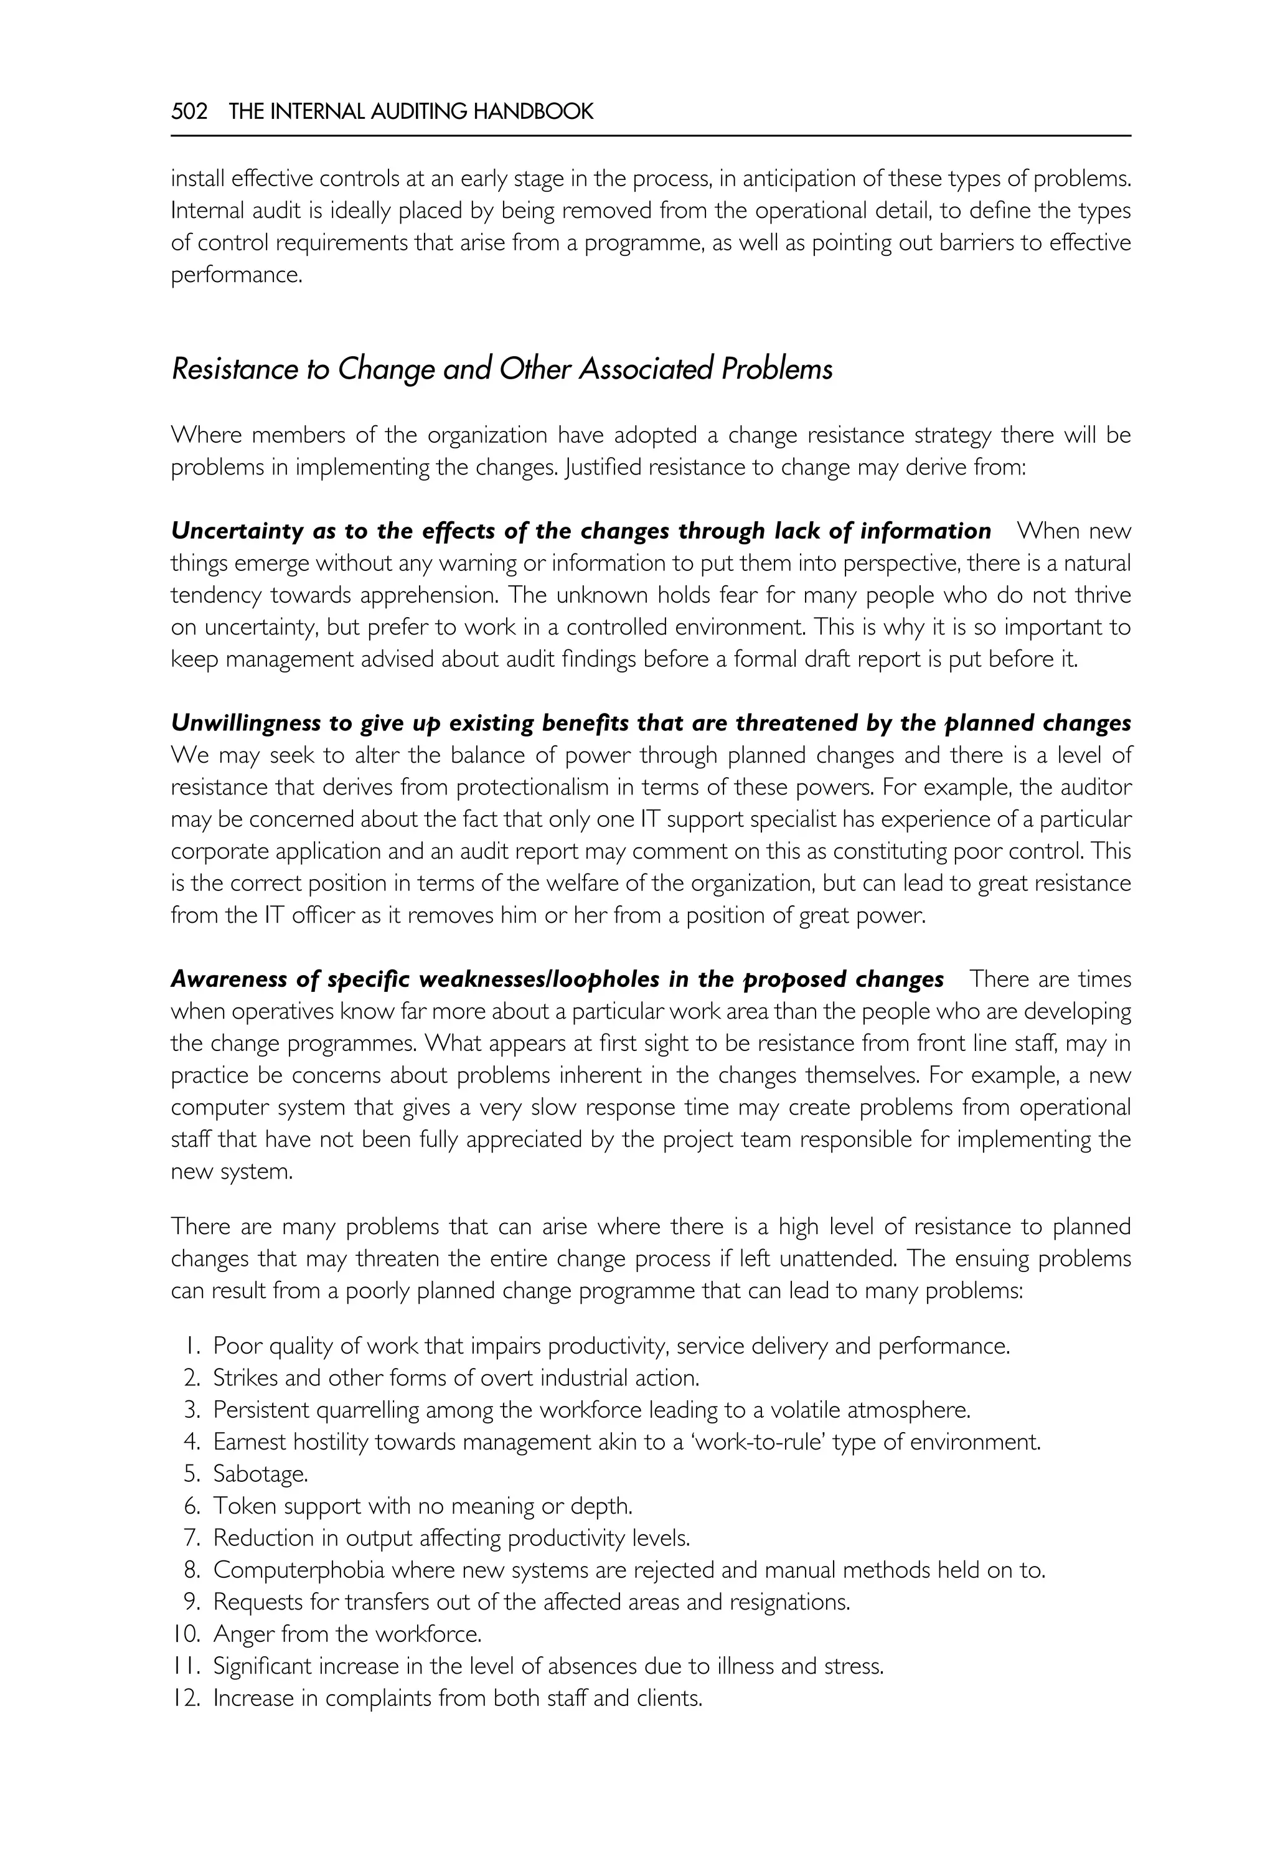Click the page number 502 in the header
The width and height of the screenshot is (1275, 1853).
(x=189, y=112)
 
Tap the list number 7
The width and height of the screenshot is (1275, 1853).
(x=192, y=1538)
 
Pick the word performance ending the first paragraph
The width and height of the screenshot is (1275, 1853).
(x=236, y=276)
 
